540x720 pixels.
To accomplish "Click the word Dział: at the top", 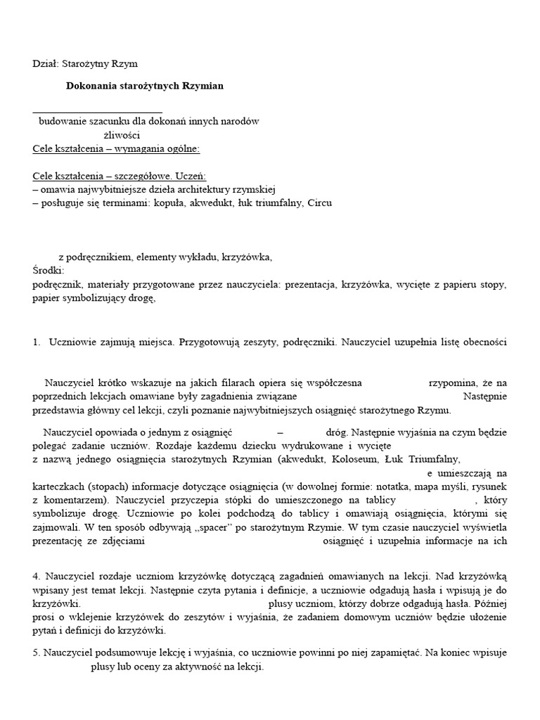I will (x=46, y=63).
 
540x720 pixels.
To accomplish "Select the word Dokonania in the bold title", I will (x=90, y=86).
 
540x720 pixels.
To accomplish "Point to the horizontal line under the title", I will (x=98, y=112).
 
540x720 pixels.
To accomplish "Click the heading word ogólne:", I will (x=181, y=148).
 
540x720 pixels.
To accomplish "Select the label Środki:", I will (x=49, y=271).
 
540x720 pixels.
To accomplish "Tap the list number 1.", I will (x=37, y=342).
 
